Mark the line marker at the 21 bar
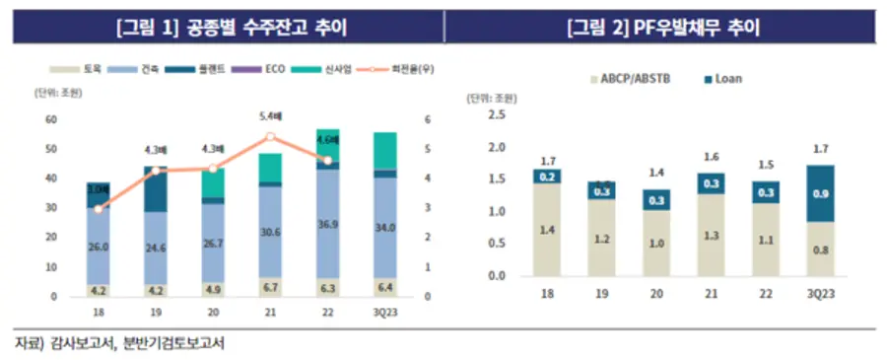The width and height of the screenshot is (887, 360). tap(271, 137)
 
